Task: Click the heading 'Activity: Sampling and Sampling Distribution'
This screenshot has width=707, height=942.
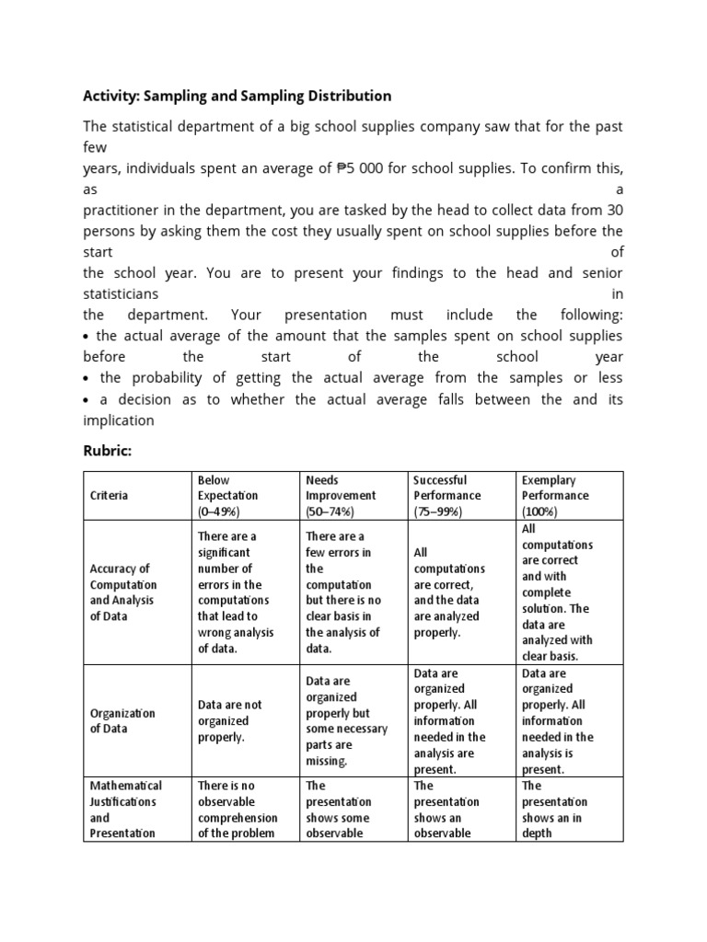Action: (237, 96)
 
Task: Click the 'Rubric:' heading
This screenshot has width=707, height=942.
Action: (110, 451)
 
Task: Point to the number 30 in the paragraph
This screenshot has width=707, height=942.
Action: (613, 210)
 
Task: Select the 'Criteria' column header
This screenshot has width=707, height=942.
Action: (110, 496)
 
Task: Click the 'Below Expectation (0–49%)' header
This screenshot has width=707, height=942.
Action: (227, 496)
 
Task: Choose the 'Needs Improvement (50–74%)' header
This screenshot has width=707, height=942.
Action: (337, 496)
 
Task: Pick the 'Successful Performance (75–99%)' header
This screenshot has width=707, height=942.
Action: (446, 496)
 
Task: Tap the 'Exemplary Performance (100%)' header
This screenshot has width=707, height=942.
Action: (555, 496)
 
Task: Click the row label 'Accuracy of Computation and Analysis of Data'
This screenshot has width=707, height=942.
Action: (124, 592)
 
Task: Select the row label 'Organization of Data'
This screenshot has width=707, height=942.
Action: (122, 720)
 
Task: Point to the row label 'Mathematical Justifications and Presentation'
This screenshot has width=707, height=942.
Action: (126, 810)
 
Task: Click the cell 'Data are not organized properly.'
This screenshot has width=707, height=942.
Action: (229, 720)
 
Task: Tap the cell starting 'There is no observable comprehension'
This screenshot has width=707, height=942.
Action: (238, 810)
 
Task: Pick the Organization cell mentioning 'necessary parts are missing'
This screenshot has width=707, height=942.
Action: (346, 720)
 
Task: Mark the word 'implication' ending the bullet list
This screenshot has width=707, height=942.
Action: (119, 420)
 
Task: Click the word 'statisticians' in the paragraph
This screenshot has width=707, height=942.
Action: (121, 293)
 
